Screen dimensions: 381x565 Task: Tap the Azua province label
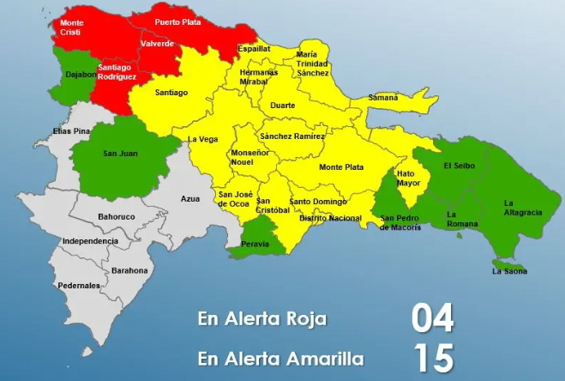[189, 198]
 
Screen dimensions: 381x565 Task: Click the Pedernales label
[79, 285]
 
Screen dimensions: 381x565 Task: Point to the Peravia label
[255, 244]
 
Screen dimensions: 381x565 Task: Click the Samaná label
[382, 98]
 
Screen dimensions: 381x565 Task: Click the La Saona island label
[509, 271]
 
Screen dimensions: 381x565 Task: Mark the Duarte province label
[282, 106]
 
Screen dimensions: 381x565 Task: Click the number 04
[432, 318]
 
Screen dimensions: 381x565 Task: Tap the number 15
[432, 358]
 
